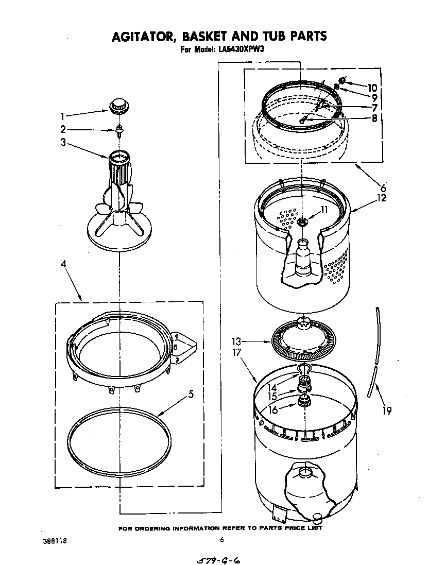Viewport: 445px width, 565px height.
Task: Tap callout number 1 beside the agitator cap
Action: [x=62, y=116]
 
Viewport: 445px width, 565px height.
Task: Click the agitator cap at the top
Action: [x=118, y=105]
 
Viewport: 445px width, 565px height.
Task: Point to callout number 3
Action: [x=62, y=143]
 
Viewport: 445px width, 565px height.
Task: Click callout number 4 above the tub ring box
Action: [x=63, y=264]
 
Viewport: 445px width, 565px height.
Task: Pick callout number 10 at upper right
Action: [x=372, y=88]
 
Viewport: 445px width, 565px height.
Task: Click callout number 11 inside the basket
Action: [x=324, y=210]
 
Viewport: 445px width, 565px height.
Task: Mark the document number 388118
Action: [x=55, y=541]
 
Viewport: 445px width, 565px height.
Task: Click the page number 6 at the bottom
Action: [x=221, y=540]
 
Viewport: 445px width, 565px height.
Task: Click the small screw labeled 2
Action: [x=118, y=130]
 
